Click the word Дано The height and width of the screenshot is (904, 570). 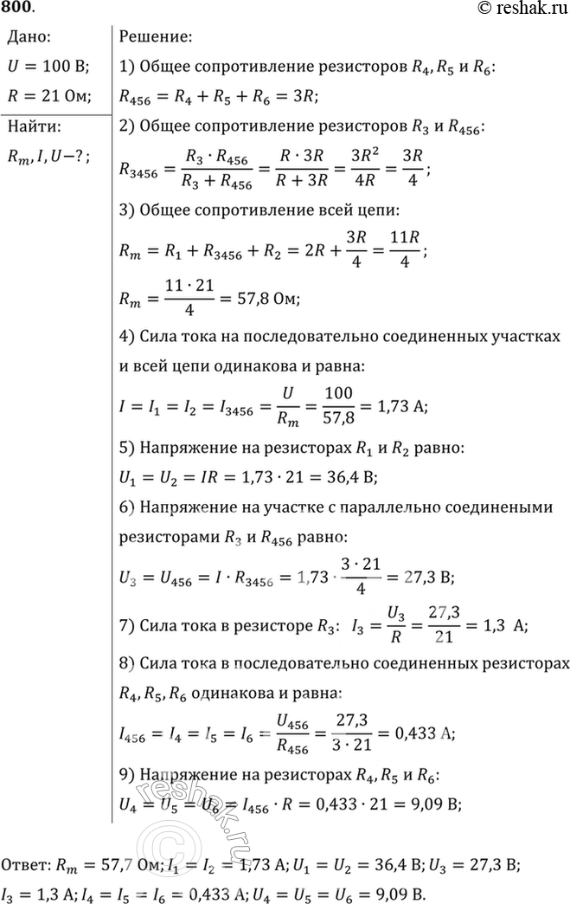32,37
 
